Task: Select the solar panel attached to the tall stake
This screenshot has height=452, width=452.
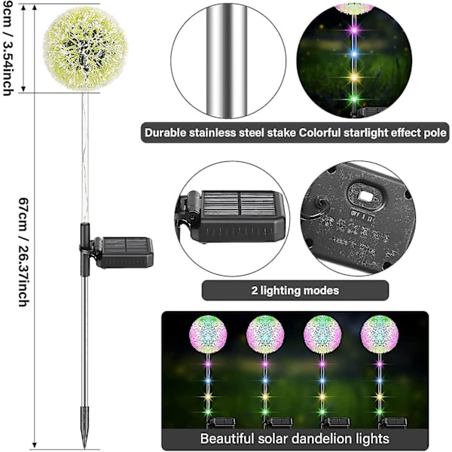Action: pyautogui.click(x=124, y=252)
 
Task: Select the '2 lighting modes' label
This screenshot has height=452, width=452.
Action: pyautogui.click(x=295, y=291)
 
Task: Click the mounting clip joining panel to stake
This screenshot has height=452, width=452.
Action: pyautogui.click(x=91, y=251)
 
